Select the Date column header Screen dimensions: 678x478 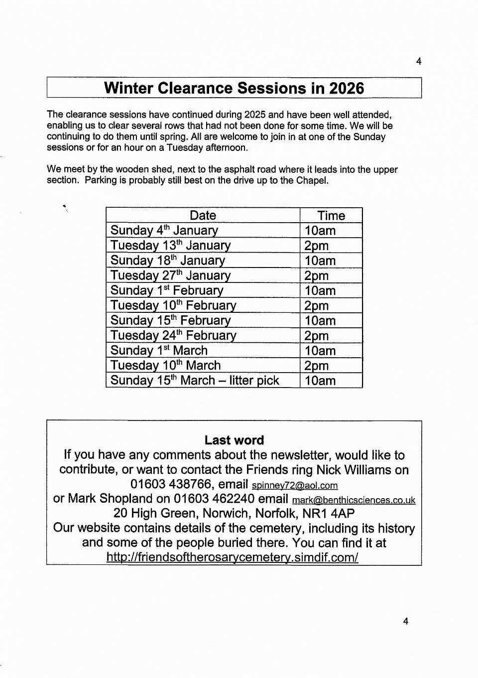203,215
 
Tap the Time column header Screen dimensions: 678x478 331,216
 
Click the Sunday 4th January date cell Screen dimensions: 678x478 164,230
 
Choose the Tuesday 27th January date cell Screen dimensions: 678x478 170,275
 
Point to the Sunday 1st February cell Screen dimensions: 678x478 167,290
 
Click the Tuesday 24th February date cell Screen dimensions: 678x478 173,335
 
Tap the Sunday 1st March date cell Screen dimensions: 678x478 159,350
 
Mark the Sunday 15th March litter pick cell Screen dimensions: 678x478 195,381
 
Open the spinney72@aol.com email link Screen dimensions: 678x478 295,486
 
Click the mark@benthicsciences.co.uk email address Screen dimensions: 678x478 354,500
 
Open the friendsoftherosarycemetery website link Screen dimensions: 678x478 232,557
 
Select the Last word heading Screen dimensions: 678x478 234,440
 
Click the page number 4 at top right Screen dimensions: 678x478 419,61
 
